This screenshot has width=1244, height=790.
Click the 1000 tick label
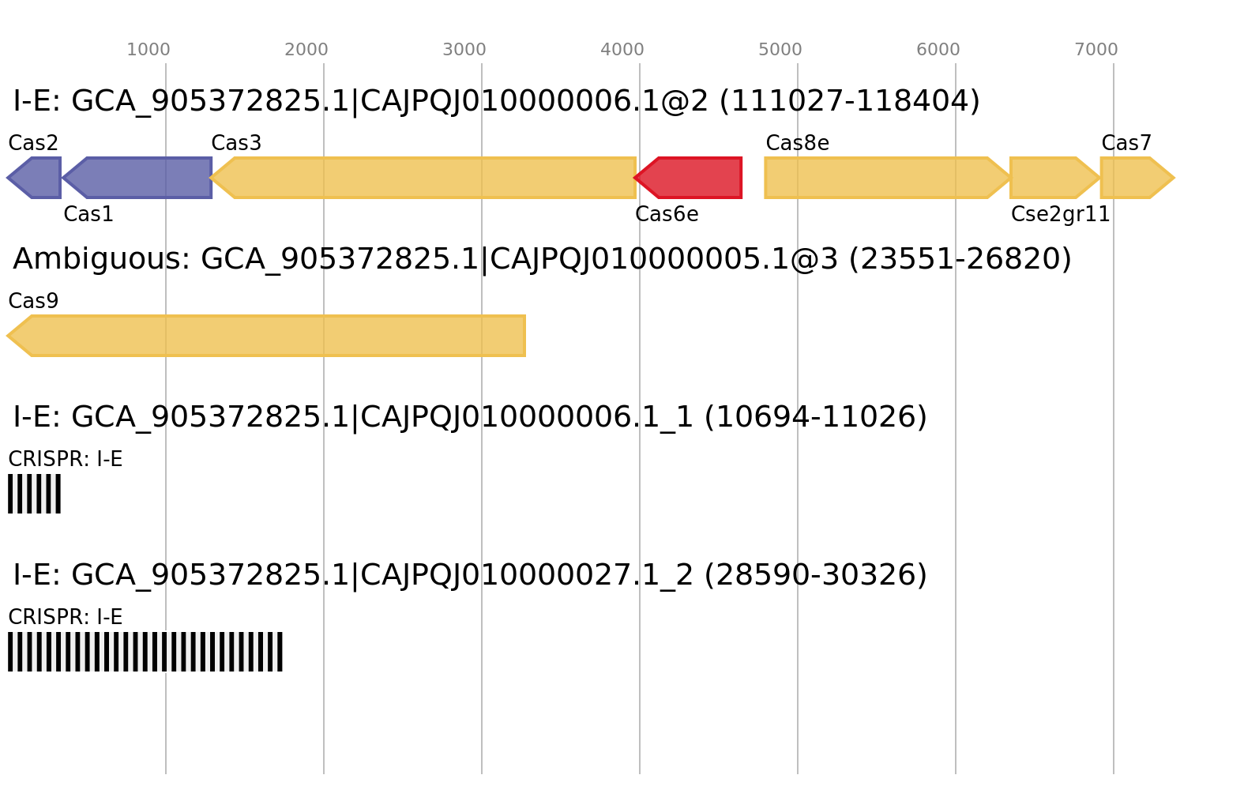148,50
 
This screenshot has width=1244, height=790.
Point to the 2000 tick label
306,50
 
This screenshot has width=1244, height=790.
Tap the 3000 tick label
464,50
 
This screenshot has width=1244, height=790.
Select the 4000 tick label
622,50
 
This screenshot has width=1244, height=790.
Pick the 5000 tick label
780,50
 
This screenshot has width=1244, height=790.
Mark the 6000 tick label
938,50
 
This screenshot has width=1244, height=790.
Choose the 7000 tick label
1096,50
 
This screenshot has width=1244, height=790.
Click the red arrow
691,178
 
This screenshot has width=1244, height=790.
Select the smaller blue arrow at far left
36,178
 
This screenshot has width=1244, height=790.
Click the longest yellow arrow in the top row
427,178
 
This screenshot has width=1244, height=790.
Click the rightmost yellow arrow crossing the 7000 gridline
1134,178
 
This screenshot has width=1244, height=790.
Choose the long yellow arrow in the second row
269,336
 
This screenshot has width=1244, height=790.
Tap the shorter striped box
34,494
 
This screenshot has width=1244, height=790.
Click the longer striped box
145,652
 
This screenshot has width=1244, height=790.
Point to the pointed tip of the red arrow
635,178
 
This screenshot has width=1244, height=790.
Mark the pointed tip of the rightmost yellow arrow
1174,178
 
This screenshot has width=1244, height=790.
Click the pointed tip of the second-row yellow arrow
7,336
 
